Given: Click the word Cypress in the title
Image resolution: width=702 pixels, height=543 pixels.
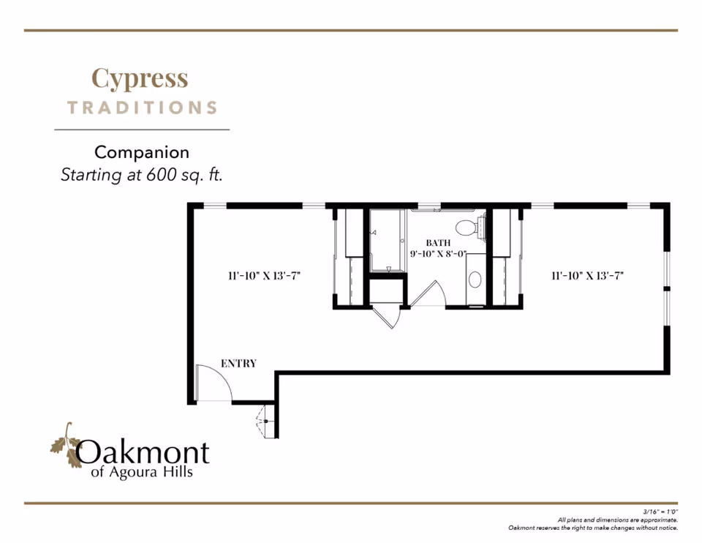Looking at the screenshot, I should coord(140,78).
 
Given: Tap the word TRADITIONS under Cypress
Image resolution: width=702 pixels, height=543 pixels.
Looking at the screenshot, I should coord(143,108).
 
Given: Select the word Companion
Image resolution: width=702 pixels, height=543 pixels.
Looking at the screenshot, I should coord(142,152).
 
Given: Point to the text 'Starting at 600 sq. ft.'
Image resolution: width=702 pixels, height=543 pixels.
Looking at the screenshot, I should coord(141,175).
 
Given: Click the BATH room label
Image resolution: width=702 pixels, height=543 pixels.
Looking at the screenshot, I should coord(439,243).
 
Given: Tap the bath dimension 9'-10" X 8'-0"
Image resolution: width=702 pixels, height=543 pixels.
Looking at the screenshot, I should coord(439,255).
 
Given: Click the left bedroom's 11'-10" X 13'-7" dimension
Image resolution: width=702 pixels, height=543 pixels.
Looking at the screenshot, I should coord(264,276).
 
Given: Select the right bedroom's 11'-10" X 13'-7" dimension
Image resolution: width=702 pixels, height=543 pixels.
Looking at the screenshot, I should coord(587,276).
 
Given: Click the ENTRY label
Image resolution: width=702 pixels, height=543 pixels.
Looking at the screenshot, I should coord(238,364).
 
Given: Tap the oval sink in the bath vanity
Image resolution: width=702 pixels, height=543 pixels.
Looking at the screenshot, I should coord(475,279).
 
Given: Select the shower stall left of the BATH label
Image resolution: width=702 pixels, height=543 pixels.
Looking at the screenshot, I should coord(388,240).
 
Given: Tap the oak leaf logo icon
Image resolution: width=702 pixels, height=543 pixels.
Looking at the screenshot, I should coord(65,446).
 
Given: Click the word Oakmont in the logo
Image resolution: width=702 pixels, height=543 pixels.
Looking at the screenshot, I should coord(143,453).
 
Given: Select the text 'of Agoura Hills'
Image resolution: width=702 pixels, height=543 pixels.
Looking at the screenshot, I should coord(142,473).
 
